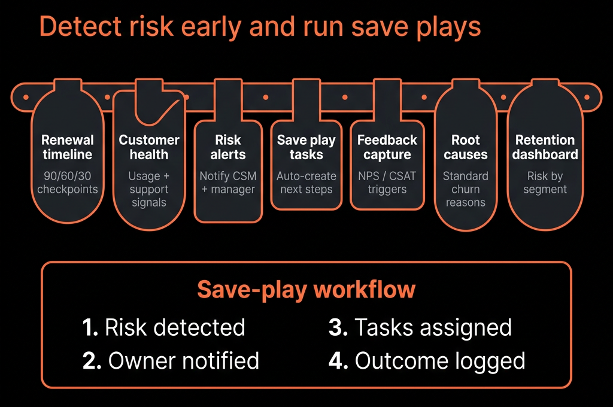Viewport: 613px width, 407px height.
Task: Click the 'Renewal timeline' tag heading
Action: (67, 147)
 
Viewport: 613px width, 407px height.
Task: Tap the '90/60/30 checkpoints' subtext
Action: (67, 183)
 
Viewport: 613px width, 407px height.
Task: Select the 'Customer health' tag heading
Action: (149, 147)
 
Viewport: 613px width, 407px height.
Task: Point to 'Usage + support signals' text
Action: (149, 189)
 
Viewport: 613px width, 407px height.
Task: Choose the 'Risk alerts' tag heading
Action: (228, 147)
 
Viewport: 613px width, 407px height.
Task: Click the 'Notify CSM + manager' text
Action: (228, 183)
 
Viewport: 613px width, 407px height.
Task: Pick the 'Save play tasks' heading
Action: (306, 147)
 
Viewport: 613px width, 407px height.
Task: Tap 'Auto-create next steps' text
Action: (306, 183)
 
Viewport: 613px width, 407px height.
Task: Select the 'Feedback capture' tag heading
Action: (387, 147)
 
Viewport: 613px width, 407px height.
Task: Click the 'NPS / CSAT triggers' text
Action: (387, 183)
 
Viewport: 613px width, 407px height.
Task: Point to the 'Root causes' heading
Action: (466, 147)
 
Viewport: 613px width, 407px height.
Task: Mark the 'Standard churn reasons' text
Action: (466, 189)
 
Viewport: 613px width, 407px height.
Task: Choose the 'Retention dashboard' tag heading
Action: (545, 147)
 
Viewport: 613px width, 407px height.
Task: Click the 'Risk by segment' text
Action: (545, 183)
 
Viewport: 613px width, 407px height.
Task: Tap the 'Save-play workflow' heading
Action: (306, 290)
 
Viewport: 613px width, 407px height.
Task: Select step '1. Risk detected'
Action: (164, 327)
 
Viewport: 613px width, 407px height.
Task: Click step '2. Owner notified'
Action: (171, 360)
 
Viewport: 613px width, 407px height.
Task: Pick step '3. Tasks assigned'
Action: (420, 327)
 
